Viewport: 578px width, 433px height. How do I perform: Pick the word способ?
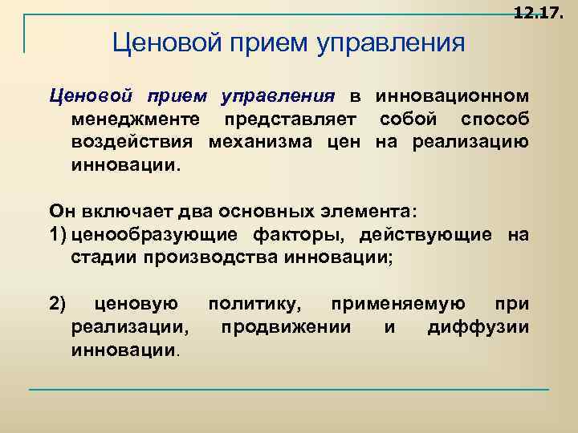495,121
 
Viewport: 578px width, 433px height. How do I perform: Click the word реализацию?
470,144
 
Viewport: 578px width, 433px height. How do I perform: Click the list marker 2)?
59,304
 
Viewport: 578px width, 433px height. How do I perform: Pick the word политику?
256,304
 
